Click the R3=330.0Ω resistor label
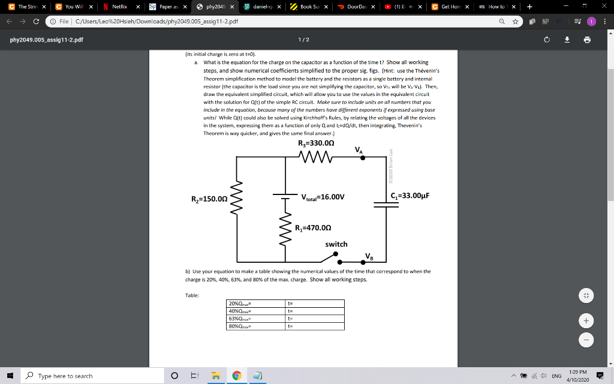pos(320,143)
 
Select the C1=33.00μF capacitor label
pos(410,196)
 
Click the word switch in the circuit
pos(336,244)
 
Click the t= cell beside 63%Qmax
pos(315,319)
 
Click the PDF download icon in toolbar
pos(567,40)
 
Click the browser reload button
pos(38,22)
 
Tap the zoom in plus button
pos(588,320)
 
